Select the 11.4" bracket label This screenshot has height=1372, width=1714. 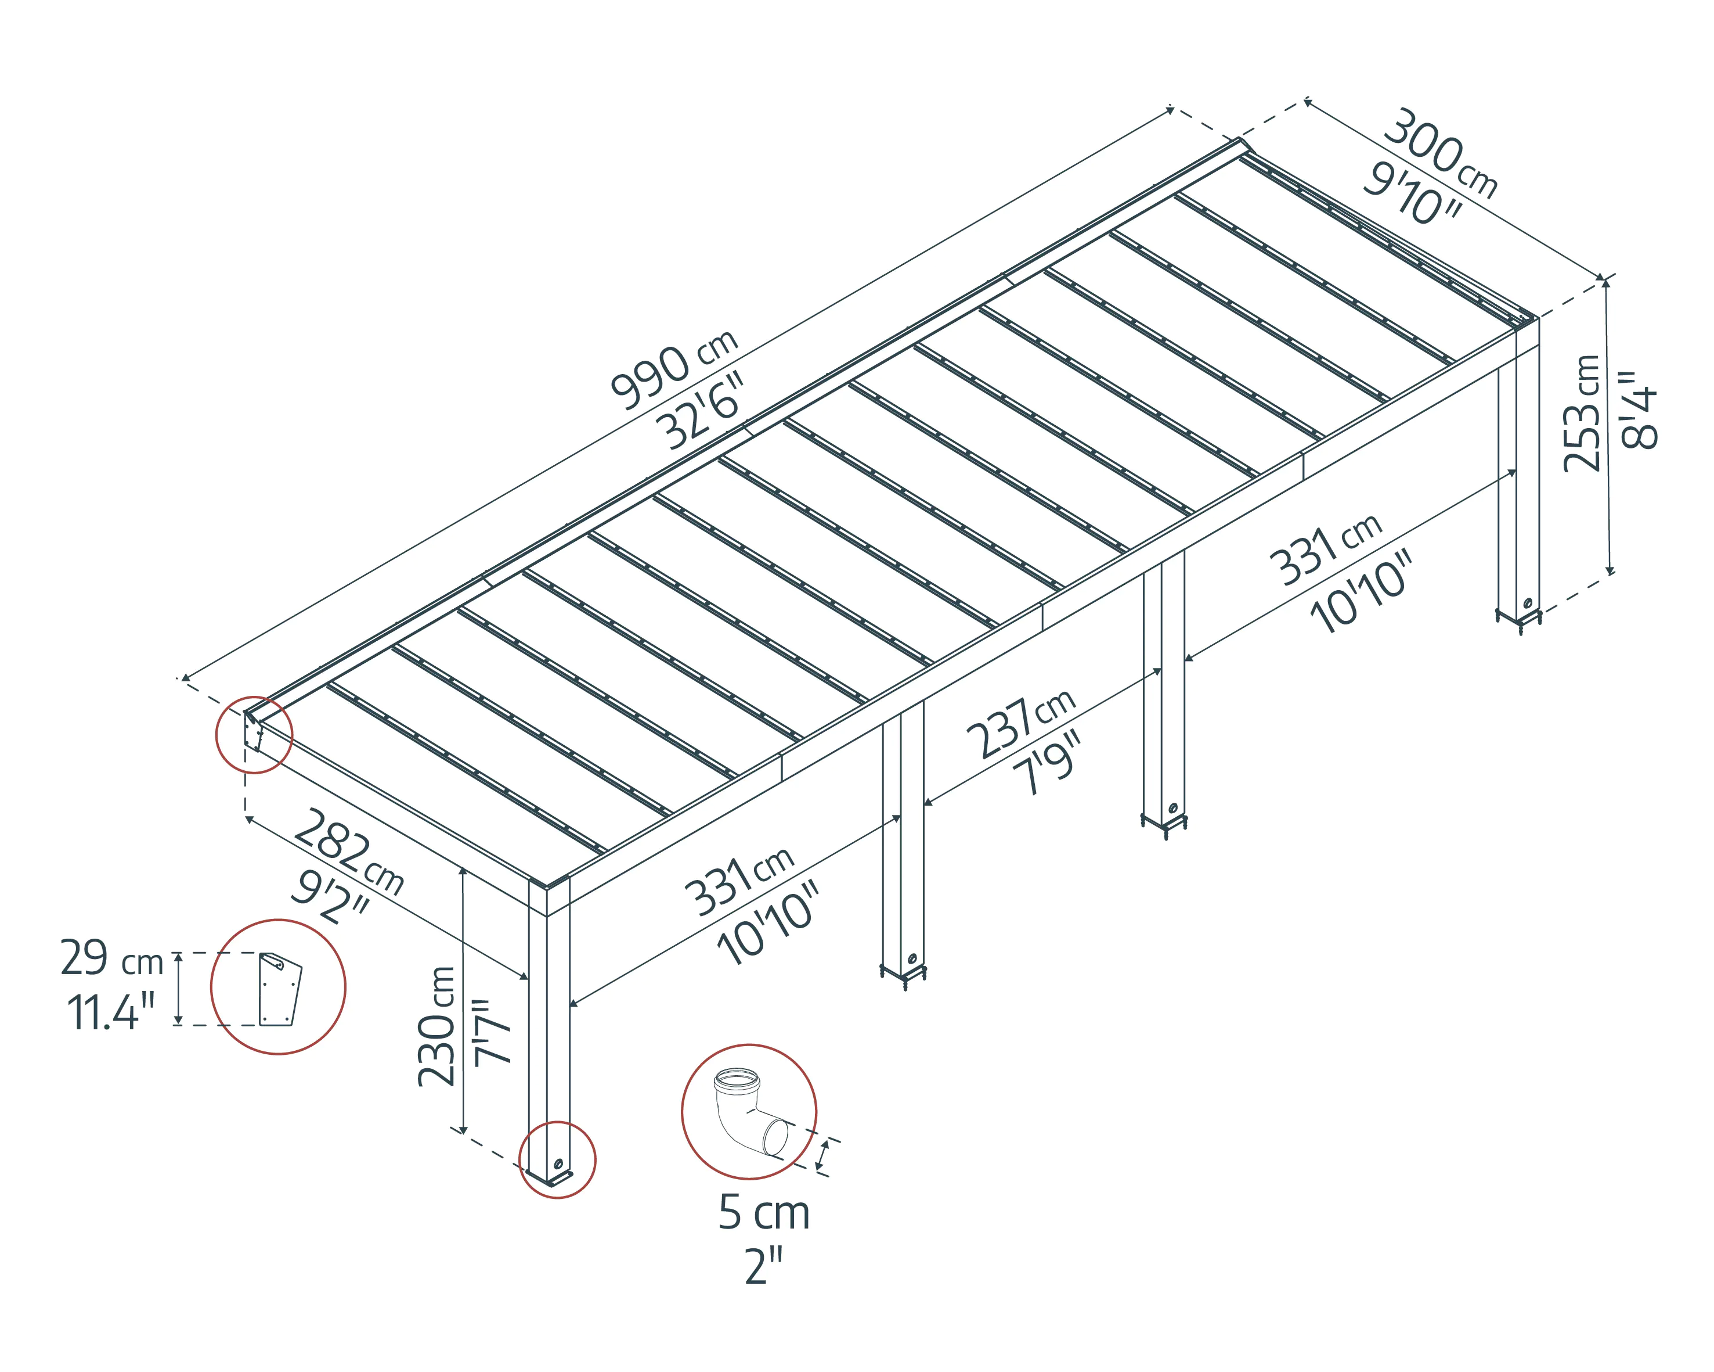tap(110, 1012)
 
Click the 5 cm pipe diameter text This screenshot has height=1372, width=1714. tap(763, 1213)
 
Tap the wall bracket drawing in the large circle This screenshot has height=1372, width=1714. tap(280, 989)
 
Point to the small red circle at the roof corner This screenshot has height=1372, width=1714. tap(254, 734)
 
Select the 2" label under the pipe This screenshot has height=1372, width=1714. tap(763, 1266)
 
